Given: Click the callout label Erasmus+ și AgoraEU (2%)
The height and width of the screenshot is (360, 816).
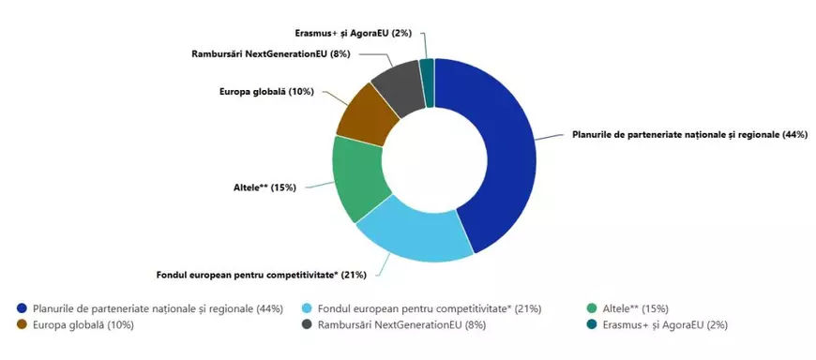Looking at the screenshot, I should click(359, 33).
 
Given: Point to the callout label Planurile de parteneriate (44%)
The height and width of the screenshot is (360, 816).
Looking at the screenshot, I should click(689, 135).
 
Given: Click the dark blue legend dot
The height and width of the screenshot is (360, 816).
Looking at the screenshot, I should click(21, 308).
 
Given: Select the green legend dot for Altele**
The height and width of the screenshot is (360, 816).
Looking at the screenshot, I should click(591, 308).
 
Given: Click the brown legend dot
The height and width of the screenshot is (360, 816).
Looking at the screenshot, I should click(21, 324).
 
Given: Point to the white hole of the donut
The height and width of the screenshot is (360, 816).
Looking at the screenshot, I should click(434, 159).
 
